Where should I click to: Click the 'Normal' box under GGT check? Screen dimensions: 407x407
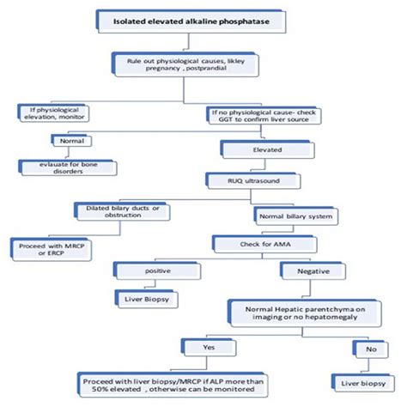click(69, 140)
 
